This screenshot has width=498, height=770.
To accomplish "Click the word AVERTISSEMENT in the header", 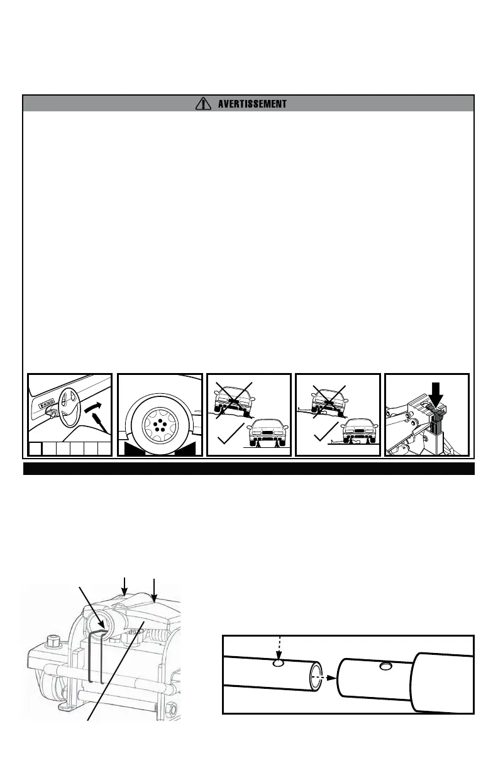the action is pyautogui.click(x=252, y=104).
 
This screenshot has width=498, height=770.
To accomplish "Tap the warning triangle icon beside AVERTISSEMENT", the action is pyautogui.click(x=203, y=103).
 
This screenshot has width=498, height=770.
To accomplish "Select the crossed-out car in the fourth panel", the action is pyautogui.click(x=329, y=399).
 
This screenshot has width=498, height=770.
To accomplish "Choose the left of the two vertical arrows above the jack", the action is pyautogui.click(x=126, y=584).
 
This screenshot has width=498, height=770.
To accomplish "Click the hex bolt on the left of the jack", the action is pyautogui.click(x=52, y=644).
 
